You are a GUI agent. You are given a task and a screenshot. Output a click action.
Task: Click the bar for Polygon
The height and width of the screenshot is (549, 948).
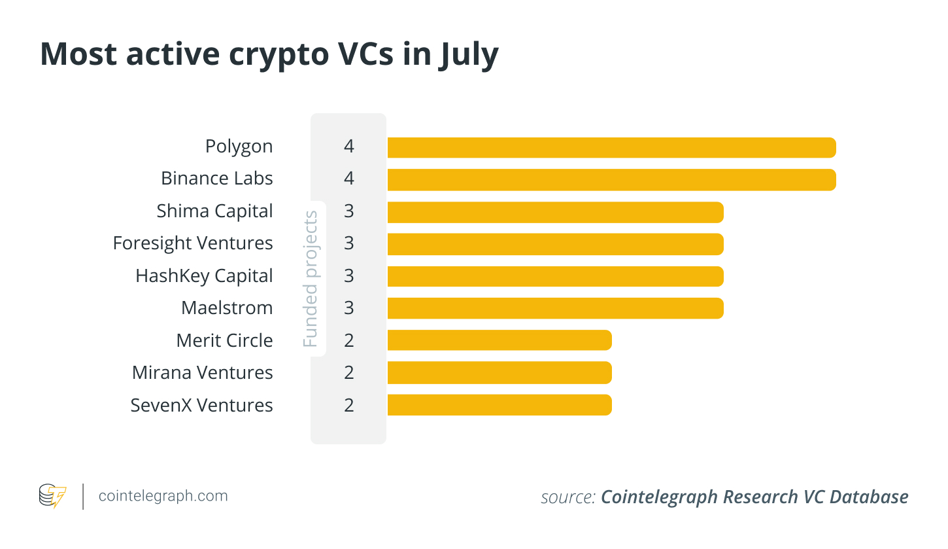coord(611,147)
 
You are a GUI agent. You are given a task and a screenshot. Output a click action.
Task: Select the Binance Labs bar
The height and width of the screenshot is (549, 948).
coord(611,179)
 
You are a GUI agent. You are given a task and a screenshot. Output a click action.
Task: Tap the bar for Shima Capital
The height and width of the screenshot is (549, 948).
coord(555,212)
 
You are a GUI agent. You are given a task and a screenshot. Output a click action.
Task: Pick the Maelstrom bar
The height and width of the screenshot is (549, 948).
coord(555,308)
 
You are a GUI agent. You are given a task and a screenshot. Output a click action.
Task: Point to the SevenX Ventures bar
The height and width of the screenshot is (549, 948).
coord(499,405)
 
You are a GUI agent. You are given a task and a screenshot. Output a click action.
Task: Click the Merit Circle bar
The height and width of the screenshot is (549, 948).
coord(499,340)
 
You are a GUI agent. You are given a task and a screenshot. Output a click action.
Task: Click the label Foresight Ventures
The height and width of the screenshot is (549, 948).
coord(193,243)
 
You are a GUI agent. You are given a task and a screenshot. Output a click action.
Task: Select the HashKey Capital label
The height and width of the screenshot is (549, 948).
coord(204,276)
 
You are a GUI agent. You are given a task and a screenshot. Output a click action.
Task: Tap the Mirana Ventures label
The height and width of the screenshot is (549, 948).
coord(202,372)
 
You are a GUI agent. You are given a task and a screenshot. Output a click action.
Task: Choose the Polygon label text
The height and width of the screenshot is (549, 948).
coord(239,147)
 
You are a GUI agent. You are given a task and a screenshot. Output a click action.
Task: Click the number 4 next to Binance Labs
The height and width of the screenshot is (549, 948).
coord(349,179)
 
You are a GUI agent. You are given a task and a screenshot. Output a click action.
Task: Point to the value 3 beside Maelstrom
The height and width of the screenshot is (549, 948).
coord(349,308)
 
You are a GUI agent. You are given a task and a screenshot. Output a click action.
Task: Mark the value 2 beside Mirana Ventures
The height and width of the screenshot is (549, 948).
coord(349,372)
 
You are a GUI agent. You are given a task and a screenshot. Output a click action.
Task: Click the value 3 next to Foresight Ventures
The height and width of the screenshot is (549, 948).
coord(349,243)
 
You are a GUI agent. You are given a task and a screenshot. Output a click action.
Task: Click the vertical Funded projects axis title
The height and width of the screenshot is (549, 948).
coord(311,279)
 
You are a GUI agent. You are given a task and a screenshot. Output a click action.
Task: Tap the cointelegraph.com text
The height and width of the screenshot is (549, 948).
coord(163,496)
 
